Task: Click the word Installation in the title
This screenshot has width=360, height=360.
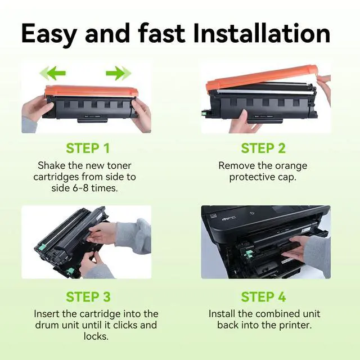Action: point(262,33)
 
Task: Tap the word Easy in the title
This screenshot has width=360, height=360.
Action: point(49,35)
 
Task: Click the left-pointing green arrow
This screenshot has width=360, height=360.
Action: point(53,73)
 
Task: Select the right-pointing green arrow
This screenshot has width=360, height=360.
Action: point(119,73)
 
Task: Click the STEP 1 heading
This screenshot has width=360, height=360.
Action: point(88,148)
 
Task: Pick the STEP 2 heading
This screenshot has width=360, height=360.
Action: point(263,148)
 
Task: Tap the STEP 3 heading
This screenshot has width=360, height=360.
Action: point(88,296)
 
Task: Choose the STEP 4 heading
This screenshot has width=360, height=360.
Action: point(263,296)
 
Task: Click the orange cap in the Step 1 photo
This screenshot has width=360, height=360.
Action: point(92,91)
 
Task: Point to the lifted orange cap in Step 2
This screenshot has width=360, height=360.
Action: point(262,79)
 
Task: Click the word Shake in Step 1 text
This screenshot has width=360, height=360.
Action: point(50,165)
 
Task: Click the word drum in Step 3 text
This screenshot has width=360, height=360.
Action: point(46,325)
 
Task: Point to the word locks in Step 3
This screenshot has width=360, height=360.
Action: point(96,336)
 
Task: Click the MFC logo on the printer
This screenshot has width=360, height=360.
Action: point(229,219)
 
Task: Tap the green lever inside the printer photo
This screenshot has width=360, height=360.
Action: point(249,254)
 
